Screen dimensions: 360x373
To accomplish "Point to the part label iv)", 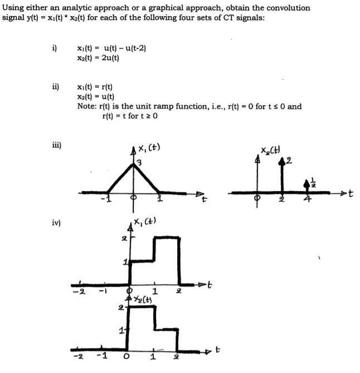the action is pos(56,222).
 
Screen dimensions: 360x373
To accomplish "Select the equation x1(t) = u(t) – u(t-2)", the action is pos(111,48).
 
